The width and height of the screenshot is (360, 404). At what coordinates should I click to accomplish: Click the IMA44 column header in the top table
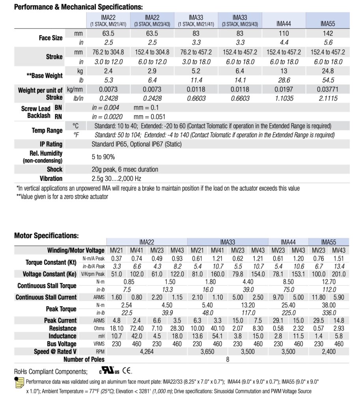(x=284, y=24)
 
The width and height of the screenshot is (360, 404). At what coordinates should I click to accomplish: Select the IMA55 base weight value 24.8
(x=328, y=71)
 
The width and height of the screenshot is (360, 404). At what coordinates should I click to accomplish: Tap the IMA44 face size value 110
(x=284, y=34)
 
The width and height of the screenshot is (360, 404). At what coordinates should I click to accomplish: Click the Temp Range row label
(x=47, y=130)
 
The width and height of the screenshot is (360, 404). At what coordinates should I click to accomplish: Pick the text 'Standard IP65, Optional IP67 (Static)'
(x=136, y=144)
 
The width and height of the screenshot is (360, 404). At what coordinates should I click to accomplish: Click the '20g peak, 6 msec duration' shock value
(x=125, y=169)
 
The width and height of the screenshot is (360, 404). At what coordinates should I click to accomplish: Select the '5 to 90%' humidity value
(x=103, y=157)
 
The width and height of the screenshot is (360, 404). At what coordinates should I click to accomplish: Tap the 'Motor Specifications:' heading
(x=47, y=236)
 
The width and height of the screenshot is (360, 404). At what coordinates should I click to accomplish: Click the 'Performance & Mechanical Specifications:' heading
(x=78, y=7)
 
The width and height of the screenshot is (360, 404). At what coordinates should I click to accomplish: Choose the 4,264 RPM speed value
(x=146, y=352)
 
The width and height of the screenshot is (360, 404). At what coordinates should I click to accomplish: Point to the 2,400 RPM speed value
(x=328, y=352)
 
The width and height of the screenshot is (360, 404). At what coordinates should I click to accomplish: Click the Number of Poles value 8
(x=228, y=359)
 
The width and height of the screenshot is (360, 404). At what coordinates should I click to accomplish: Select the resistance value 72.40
(x=136, y=328)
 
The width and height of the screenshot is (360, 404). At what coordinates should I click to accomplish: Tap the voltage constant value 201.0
(x=338, y=274)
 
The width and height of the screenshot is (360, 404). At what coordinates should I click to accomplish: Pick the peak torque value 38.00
(x=328, y=305)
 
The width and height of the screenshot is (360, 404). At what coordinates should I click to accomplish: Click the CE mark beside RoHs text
(x=127, y=371)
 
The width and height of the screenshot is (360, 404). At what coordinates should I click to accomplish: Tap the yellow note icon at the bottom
(x=19, y=383)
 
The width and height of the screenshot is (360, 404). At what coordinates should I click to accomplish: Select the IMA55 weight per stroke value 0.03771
(x=328, y=90)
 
